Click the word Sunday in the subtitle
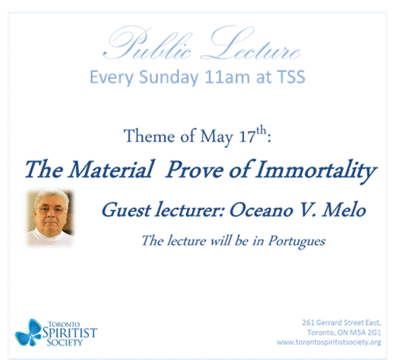click(168, 78)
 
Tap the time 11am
click(227, 77)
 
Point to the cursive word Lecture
click(251, 43)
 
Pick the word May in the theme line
click(217, 137)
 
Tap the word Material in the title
click(111, 170)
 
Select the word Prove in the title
click(194, 170)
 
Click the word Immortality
click(316, 171)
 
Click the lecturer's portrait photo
click(51, 219)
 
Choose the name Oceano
click(261, 211)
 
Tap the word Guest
click(126, 210)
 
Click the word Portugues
click(297, 242)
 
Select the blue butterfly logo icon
click(28, 333)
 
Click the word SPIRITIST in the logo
click(69, 333)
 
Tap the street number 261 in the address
click(308, 322)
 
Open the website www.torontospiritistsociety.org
click(329, 343)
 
